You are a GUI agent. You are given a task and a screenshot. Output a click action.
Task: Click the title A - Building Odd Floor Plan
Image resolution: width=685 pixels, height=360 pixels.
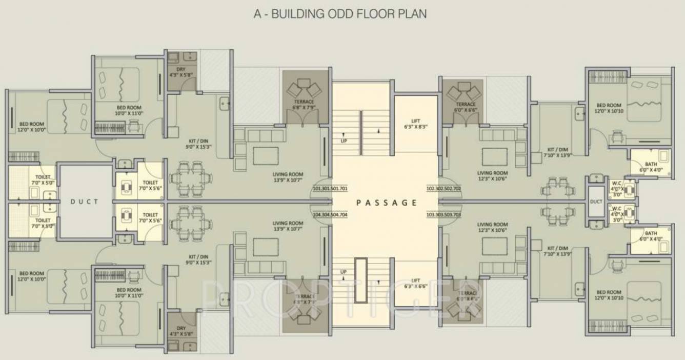tap(340, 14)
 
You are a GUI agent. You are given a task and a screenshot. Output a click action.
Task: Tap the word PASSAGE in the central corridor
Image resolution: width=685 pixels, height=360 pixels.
tap(387, 203)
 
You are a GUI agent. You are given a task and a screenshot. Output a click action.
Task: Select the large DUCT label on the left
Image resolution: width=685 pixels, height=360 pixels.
tap(85, 202)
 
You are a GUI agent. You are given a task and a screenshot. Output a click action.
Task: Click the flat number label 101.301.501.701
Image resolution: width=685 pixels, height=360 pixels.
tap(330, 189)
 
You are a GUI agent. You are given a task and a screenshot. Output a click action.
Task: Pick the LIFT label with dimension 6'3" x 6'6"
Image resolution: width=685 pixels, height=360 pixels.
tap(415, 283)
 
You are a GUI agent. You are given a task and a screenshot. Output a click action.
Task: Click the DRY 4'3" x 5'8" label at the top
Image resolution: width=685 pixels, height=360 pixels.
tap(180, 72)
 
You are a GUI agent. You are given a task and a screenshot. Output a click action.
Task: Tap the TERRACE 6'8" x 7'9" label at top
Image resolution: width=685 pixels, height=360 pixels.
tap(305, 105)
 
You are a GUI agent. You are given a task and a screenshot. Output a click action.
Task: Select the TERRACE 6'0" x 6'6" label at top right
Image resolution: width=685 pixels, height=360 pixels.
tap(465, 107)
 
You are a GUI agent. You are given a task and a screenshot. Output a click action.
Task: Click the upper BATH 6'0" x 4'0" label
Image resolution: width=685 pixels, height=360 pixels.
tap(651, 167)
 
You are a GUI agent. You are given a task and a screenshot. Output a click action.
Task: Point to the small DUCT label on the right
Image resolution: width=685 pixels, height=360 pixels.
tap(596, 202)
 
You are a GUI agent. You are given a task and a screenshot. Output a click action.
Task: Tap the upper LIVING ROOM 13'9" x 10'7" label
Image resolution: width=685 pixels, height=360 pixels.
tap(288, 177)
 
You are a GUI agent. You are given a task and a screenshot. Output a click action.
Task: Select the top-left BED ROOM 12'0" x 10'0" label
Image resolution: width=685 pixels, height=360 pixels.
tap(32, 127)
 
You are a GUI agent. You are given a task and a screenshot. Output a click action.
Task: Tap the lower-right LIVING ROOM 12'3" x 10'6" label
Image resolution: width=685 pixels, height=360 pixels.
tap(492, 227)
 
